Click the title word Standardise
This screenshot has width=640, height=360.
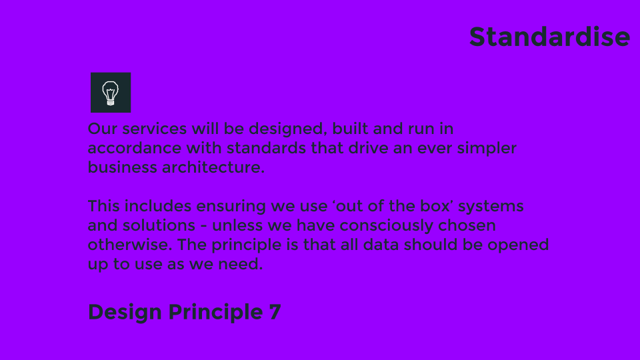(x=549, y=37)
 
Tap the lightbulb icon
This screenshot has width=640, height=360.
(x=111, y=93)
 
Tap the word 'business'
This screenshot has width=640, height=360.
(x=122, y=167)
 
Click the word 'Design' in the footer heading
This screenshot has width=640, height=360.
(x=125, y=312)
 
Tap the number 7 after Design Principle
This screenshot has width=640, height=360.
(x=275, y=312)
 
